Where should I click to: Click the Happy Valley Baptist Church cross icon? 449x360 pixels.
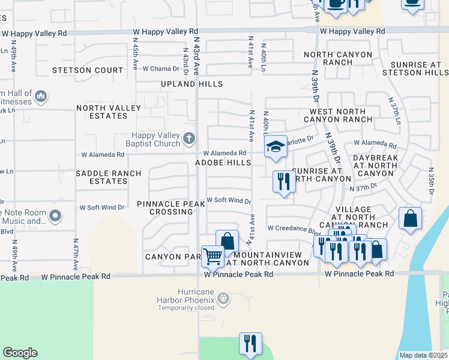pos(189,139)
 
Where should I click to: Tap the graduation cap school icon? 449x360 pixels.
pos(276,146)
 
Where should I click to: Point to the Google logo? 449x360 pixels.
pos(20,353)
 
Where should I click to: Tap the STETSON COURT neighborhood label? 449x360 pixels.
pos(88,70)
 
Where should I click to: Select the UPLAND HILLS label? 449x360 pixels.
pos(191,85)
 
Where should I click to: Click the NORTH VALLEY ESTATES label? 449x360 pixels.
pos(109,112)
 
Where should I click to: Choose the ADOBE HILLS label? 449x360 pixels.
pos(223,163)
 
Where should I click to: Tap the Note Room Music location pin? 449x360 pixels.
pos(56,215)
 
